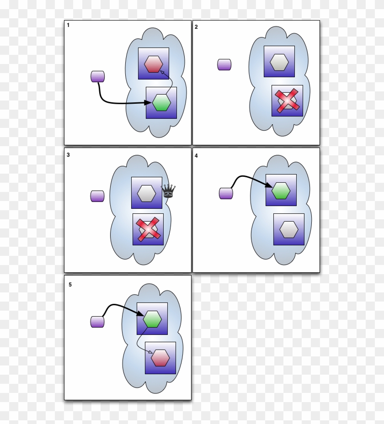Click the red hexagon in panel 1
pyautogui.click(x=154, y=64)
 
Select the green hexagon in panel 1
pyautogui.click(x=161, y=103)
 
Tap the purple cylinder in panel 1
pyautogui.click(x=98, y=76)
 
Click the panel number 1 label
pyautogui.click(x=68, y=25)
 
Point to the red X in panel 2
pyautogui.click(x=287, y=101)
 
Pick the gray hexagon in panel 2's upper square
pyautogui.click(x=279, y=62)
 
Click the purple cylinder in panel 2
pyautogui.click(x=224, y=64)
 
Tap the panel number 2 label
pyautogui.click(x=196, y=27)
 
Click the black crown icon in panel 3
pyautogui.click(x=169, y=191)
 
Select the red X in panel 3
pyautogui.click(x=148, y=229)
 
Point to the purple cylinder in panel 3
pyautogui.click(x=97, y=196)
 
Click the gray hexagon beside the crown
pyautogui.click(x=147, y=193)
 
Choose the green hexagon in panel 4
pyautogui.click(x=281, y=191)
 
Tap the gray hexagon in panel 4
pyautogui.click(x=289, y=229)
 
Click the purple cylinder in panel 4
pyautogui.click(x=226, y=193)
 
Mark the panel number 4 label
pyautogui.click(x=196, y=155)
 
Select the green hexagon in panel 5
pyautogui.click(x=152, y=318)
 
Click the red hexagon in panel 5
pyautogui.click(x=160, y=358)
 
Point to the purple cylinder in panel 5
pyautogui.click(x=97, y=322)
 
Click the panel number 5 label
pyautogui.click(x=70, y=285)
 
